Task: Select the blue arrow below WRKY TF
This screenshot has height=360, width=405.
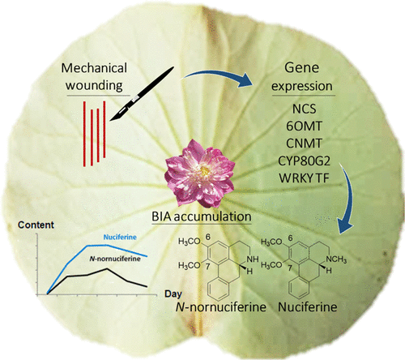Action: (349, 207)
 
